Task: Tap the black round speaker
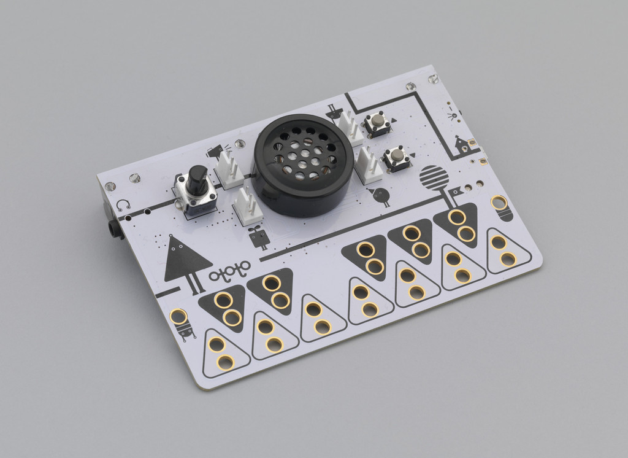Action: pyautogui.click(x=304, y=165)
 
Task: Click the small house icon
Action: pyautogui.click(x=462, y=145)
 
